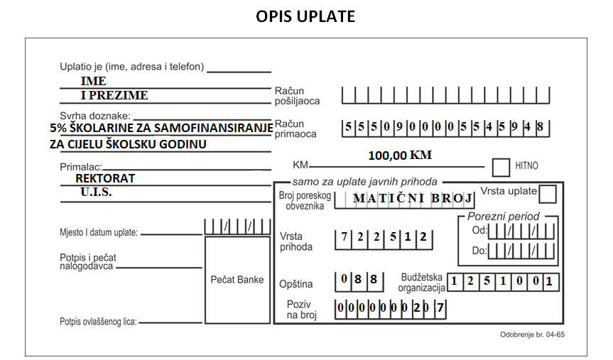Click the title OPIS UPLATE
(305, 16)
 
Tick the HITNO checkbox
(501, 168)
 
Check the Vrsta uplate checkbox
(548, 194)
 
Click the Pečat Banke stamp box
(237, 280)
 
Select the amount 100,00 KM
(400, 156)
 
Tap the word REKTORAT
(105, 178)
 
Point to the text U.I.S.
(96, 192)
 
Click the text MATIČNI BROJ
(413, 198)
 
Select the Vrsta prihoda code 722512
(384, 238)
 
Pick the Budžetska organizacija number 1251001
(503, 281)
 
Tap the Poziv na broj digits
(391, 308)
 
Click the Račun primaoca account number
(445, 127)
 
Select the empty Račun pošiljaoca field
(445, 95)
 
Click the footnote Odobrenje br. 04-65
(532, 334)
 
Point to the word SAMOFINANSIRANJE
(214, 128)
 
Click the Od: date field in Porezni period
(521, 231)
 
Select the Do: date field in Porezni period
(521, 251)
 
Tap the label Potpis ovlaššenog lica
(98, 322)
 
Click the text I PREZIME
(114, 95)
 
